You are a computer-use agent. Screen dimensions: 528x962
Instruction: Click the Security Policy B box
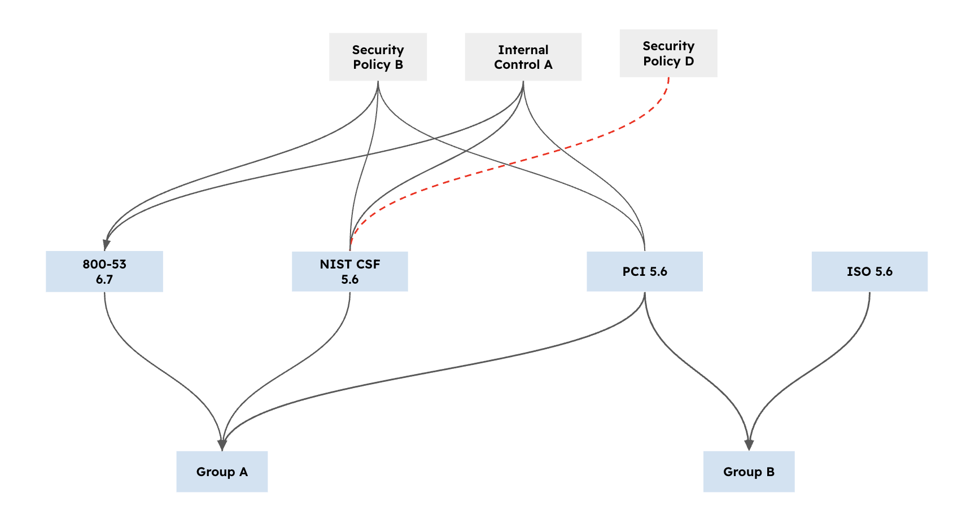378,57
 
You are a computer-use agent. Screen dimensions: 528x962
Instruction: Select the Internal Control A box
523,57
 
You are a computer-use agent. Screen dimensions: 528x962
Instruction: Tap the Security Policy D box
668,54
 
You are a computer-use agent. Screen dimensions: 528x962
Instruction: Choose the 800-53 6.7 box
104,271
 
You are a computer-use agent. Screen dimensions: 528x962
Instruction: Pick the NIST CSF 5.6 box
349,271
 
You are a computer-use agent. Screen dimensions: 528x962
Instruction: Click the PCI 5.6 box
645,271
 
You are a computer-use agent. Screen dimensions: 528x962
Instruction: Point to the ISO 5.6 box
869,271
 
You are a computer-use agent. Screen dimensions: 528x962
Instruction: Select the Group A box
222,472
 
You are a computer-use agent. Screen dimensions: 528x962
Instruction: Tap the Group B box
749,472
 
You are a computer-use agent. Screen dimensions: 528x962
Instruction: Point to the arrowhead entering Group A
222,445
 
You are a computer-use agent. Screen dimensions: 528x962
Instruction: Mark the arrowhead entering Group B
749,445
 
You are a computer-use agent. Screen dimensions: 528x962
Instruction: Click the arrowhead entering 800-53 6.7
106,244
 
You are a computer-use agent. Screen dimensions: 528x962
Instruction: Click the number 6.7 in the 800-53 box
104,279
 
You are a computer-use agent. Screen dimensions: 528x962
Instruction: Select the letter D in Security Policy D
689,61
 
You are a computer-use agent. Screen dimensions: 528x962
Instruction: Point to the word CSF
368,264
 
